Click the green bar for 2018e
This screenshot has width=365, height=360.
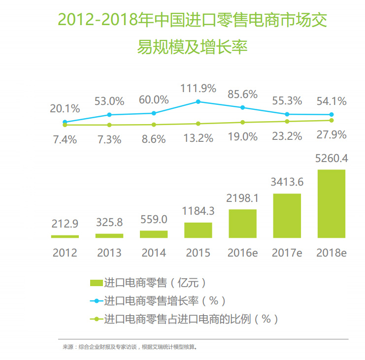pyautogui.click(x=332, y=204)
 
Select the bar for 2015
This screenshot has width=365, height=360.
pyautogui.click(x=198, y=230)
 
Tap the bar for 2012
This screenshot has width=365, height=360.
pyautogui.click(x=65, y=236)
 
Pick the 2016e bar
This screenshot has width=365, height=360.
pyautogui.click(x=242, y=224)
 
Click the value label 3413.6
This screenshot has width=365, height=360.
pyautogui.click(x=287, y=182)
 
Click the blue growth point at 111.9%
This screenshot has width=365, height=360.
pyautogui.click(x=198, y=101)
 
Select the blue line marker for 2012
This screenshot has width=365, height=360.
pyautogui.click(x=65, y=122)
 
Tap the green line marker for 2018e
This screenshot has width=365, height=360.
pyautogui.click(x=332, y=120)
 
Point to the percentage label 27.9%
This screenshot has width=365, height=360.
pyautogui.click(x=332, y=134)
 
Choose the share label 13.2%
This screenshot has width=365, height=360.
pyautogui.click(x=198, y=138)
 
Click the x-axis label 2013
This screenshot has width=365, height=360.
pyautogui.click(x=109, y=253)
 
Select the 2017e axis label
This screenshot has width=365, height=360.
pyautogui.click(x=287, y=253)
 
